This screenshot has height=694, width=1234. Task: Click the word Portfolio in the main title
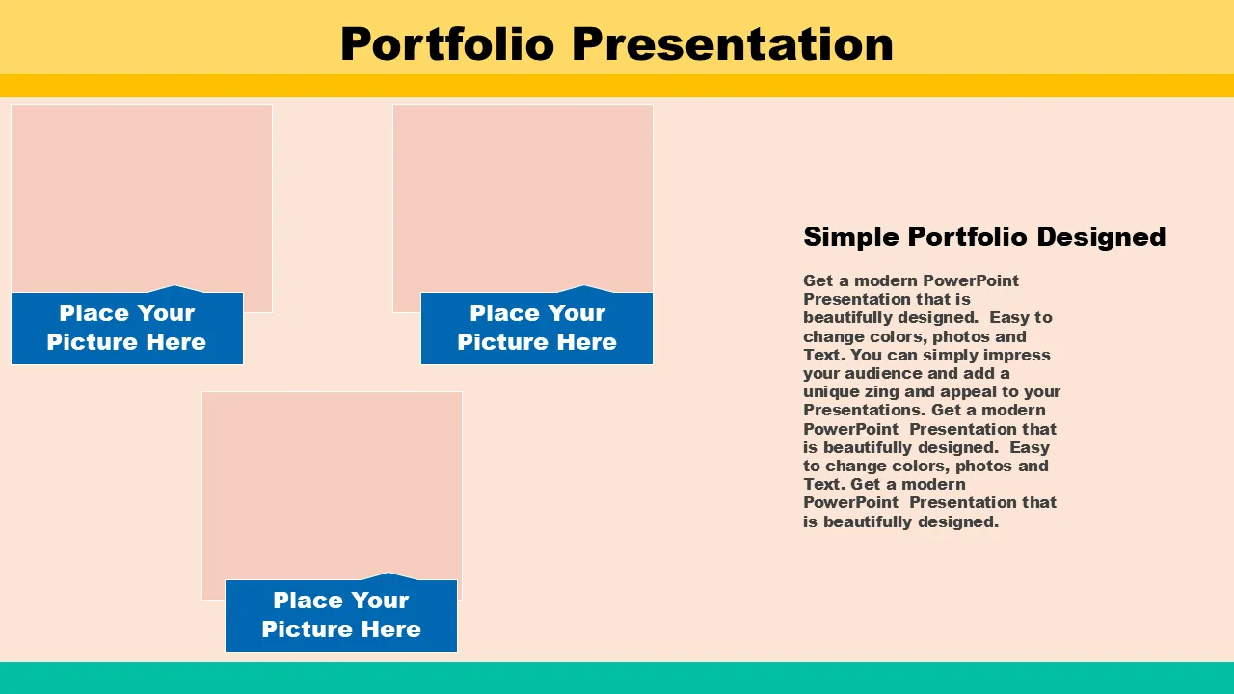[447, 44]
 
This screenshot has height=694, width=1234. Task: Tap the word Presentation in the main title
[733, 44]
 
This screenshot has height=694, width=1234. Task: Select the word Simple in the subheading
[850, 237]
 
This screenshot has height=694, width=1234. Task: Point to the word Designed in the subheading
[1101, 236]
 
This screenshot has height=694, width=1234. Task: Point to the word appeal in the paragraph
[967, 392]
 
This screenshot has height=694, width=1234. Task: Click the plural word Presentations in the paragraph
[865, 411]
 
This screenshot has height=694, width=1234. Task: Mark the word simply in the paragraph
[948, 356]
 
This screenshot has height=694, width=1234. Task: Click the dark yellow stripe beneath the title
[617, 86]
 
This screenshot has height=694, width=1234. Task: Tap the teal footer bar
[617, 678]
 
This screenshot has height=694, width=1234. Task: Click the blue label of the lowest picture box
[341, 615]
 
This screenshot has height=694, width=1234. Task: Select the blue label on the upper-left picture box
[127, 328]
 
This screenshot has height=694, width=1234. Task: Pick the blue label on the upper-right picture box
[537, 328]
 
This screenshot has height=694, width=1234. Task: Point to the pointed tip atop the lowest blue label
[388, 574]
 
